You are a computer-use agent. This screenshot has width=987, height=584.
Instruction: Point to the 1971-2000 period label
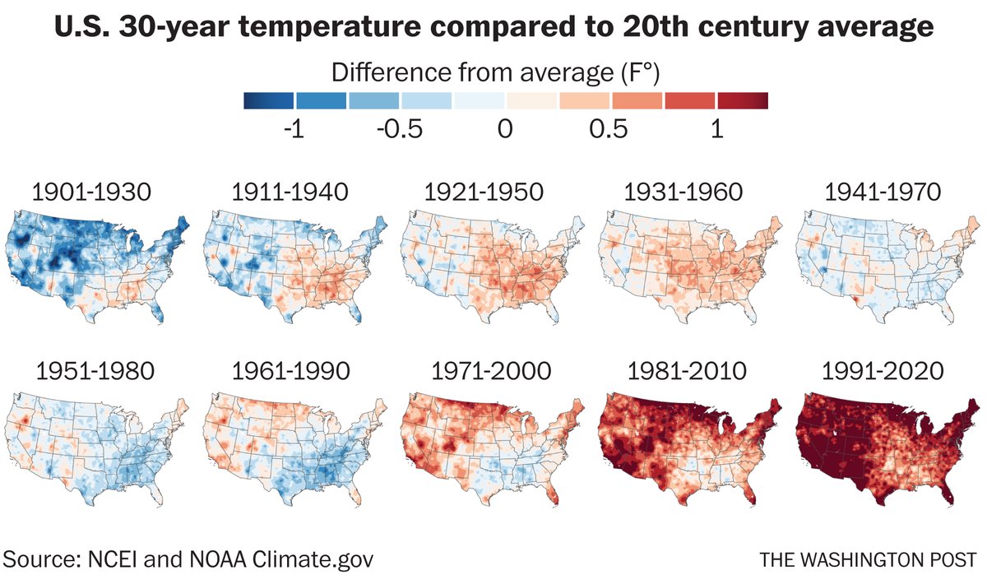click(490, 372)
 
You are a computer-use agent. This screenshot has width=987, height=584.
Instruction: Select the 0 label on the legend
click(505, 130)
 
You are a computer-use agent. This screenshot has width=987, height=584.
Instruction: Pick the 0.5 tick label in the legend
click(609, 130)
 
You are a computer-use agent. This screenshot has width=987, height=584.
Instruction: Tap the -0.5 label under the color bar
click(400, 130)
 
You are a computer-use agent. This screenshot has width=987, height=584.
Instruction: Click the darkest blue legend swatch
click(269, 101)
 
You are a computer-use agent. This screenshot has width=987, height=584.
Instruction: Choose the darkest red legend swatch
click(742, 101)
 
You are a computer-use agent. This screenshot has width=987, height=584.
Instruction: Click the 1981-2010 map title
click(687, 372)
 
